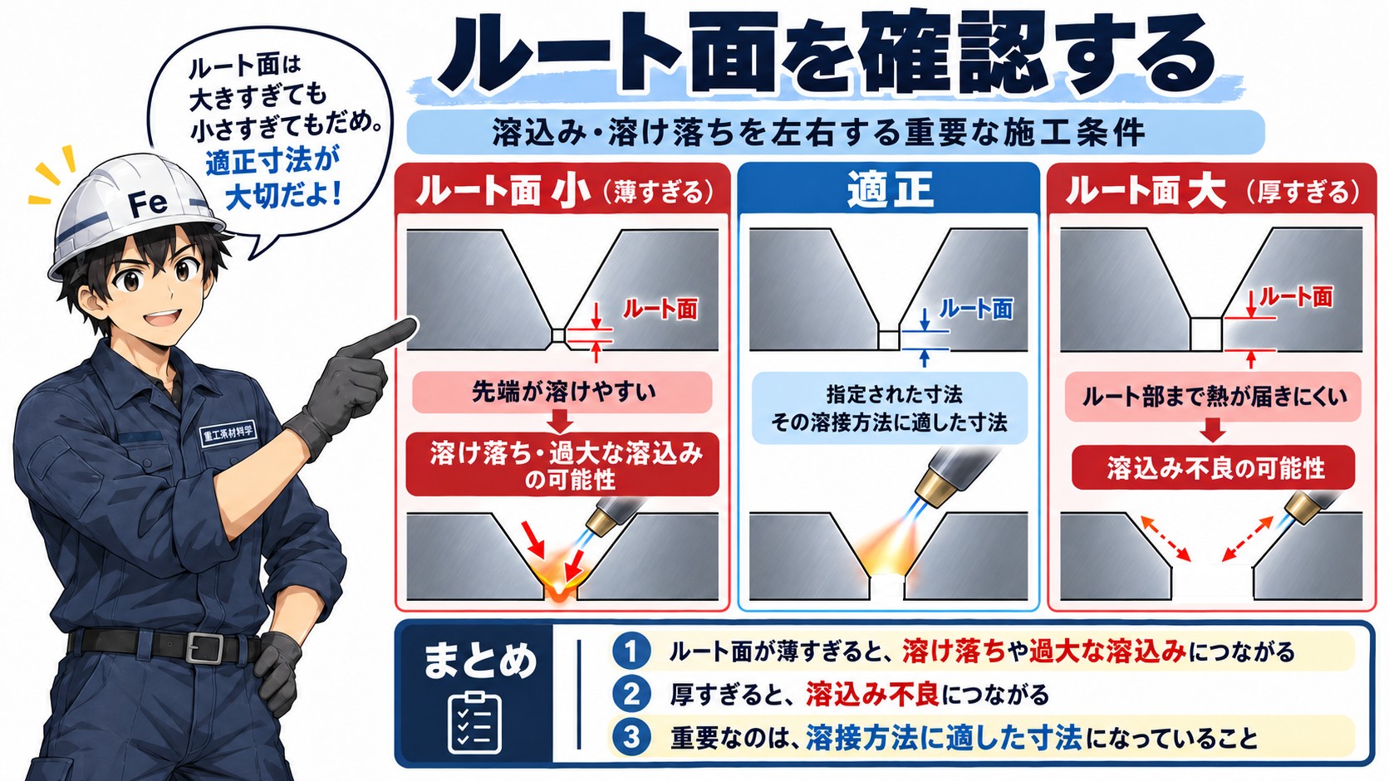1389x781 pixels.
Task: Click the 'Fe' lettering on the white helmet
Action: (x=148, y=203)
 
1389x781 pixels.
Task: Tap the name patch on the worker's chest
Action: (x=228, y=434)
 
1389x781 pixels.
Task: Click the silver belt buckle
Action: (x=204, y=648)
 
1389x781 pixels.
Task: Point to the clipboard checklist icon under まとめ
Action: (x=474, y=722)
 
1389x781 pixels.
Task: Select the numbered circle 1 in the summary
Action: (x=631, y=651)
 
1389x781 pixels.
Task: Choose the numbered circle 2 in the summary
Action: (x=631, y=694)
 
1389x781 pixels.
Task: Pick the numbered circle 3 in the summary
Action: (x=631, y=737)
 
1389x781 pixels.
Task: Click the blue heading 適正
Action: (x=889, y=189)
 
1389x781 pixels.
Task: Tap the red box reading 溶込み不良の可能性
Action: (x=1214, y=467)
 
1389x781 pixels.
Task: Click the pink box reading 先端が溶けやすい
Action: (x=562, y=392)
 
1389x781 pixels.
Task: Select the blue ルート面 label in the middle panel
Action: (x=976, y=309)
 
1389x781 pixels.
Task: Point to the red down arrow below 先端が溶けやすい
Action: (x=561, y=422)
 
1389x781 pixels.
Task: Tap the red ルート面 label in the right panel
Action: (x=1296, y=297)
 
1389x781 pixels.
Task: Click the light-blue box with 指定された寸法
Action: (x=889, y=408)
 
